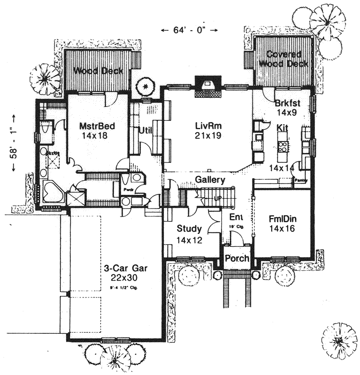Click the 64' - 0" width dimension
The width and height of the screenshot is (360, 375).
[x=190, y=30]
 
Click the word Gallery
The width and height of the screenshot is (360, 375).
[x=210, y=179]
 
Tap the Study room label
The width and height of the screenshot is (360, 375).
[x=189, y=229]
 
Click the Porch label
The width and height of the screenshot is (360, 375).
[x=236, y=259]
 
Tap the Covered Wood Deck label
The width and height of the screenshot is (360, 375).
[x=285, y=59]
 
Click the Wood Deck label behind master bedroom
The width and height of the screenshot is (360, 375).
[x=99, y=71]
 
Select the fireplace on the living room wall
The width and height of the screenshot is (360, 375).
[x=207, y=84]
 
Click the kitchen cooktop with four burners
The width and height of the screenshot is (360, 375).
[x=284, y=146]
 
